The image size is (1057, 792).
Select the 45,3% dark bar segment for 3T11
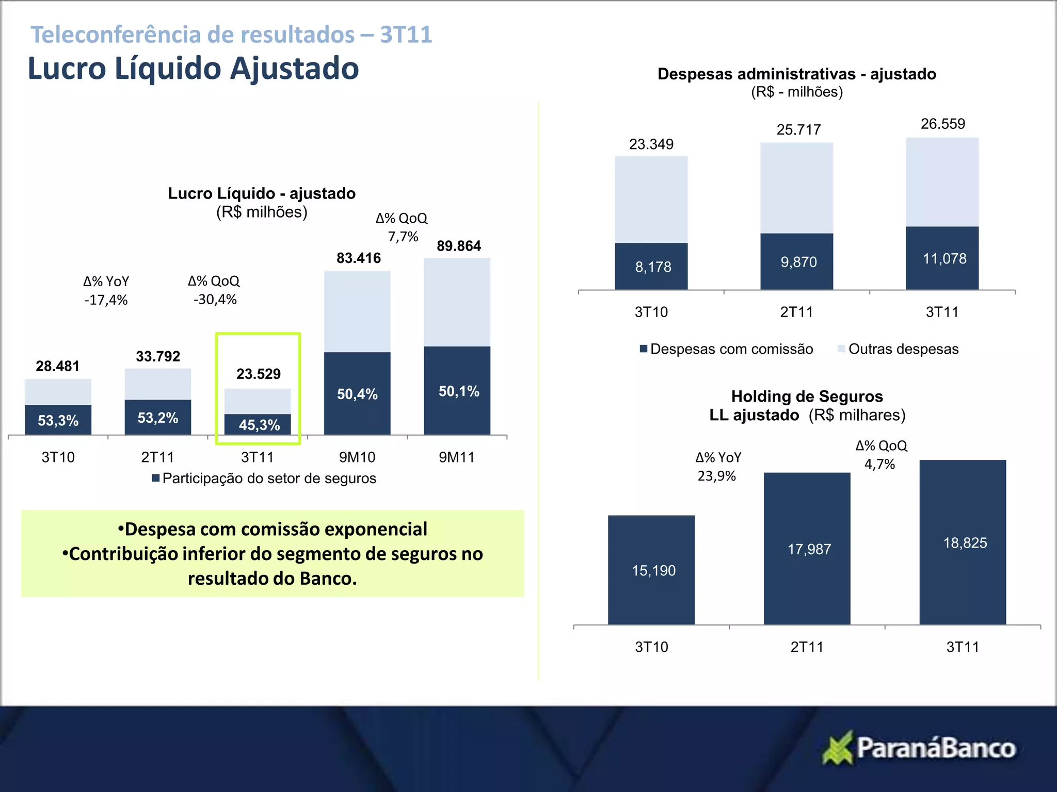tap(258, 424)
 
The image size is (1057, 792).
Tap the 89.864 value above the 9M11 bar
tap(458, 246)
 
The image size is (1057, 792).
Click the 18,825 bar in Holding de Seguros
tap(963, 542)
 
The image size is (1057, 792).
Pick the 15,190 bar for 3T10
tap(651, 570)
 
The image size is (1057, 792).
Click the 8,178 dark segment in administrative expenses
tap(651, 267)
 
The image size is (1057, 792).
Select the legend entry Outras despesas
tap(903, 349)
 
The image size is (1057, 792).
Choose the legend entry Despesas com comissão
tap(731, 349)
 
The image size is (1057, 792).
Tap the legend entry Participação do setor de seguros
tap(269, 478)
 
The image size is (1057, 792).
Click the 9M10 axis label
tap(357, 457)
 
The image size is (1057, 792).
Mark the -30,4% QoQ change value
tap(215, 300)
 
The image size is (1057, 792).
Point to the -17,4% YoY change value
tap(106, 300)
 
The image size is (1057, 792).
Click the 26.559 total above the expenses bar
tap(942, 124)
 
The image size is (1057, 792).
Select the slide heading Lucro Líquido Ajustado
tap(193, 69)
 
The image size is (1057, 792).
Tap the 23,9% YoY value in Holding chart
tap(716, 476)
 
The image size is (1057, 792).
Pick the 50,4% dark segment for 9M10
tap(357, 394)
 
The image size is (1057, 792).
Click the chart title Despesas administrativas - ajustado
tap(796, 74)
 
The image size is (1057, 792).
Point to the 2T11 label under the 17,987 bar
tap(807, 647)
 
